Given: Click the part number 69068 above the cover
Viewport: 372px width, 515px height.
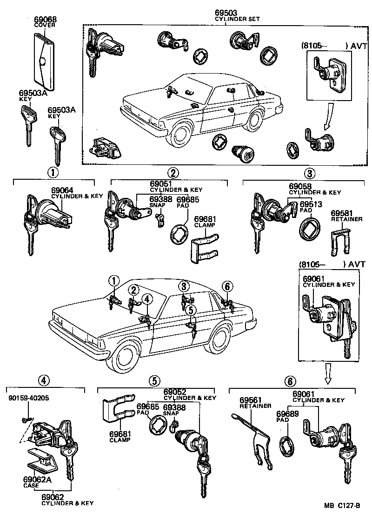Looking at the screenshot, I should [45, 20].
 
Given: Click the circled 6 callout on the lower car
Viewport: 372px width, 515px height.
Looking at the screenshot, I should [227, 285].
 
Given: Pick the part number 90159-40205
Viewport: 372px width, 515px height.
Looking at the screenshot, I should [28, 398].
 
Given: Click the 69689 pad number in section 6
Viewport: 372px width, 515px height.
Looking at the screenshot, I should [286, 413].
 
